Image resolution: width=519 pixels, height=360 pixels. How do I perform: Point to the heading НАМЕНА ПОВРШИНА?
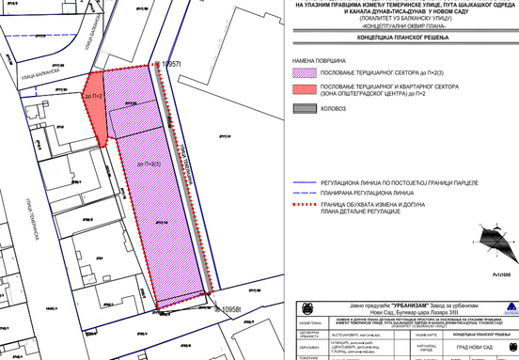(320, 57)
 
